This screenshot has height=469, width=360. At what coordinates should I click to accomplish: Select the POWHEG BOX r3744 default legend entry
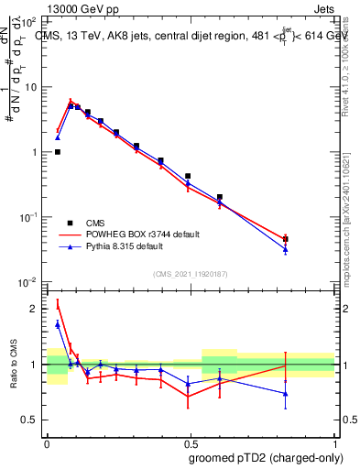(139, 234)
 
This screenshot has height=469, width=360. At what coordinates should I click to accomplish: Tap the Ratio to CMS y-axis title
(14, 364)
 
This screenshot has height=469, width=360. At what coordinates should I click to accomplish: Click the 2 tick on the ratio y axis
(35, 309)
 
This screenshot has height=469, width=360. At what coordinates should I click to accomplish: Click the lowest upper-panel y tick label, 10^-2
(28, 282)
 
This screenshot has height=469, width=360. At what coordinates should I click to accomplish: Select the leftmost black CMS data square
(58, 152)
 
